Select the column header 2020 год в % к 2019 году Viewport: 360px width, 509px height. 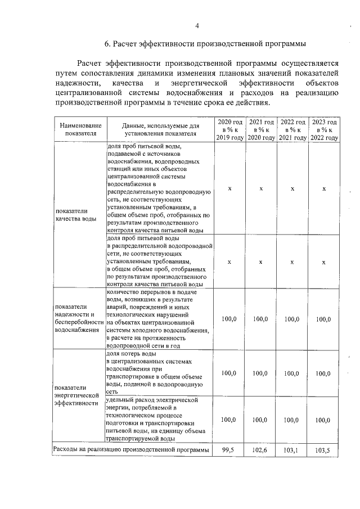coord(229,130)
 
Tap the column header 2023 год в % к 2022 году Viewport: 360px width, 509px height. coord(325,130)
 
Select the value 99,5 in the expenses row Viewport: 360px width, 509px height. coord(229,451)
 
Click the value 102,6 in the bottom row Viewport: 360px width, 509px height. coord(261,451)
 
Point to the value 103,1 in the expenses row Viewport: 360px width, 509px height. coord(292,451)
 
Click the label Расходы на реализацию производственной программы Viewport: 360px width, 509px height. coord(131,450)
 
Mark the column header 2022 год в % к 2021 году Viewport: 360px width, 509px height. coord(293,130)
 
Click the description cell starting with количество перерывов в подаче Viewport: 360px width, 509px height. coord(157,318)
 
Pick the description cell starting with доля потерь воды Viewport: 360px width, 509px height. coord(157,372)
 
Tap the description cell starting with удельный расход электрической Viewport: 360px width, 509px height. coord(157,419)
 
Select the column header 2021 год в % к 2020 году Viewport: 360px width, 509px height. coord(262,130)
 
